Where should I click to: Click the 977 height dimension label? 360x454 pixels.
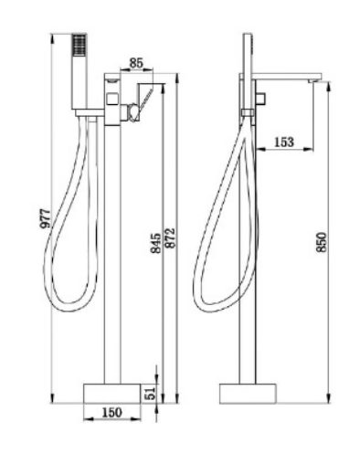click(45, 218)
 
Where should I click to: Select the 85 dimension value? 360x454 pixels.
click(136, 63)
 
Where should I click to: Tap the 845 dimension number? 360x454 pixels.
click(156, 243)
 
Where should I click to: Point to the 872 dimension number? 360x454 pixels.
click(170, 238)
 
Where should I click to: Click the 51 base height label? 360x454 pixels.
click(151, 393)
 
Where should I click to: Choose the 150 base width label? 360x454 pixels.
click(111, 413)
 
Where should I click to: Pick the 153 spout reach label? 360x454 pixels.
click(284, 142)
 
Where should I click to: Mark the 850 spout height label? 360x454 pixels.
click(322, 242)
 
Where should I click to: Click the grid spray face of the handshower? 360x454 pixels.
click(79, 45)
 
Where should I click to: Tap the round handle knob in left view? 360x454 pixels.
click(133, 112)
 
